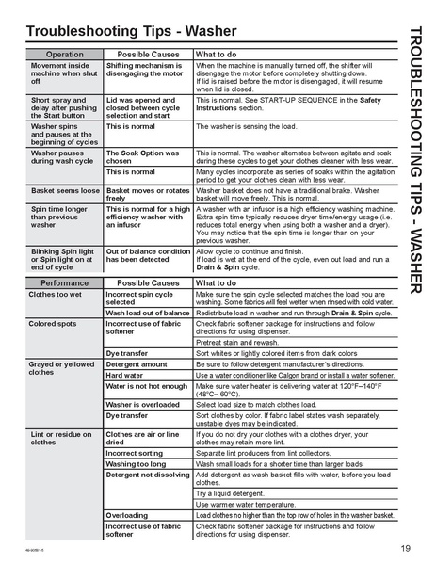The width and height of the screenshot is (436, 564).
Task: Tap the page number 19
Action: coord(404,549)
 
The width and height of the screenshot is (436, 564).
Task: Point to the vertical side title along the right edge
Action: coord(417,159)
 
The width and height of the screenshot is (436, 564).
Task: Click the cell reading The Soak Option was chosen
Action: coord(144,156)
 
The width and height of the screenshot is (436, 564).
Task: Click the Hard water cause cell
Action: coord(127,375)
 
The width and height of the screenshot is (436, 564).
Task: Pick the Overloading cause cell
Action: coord(127,516)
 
